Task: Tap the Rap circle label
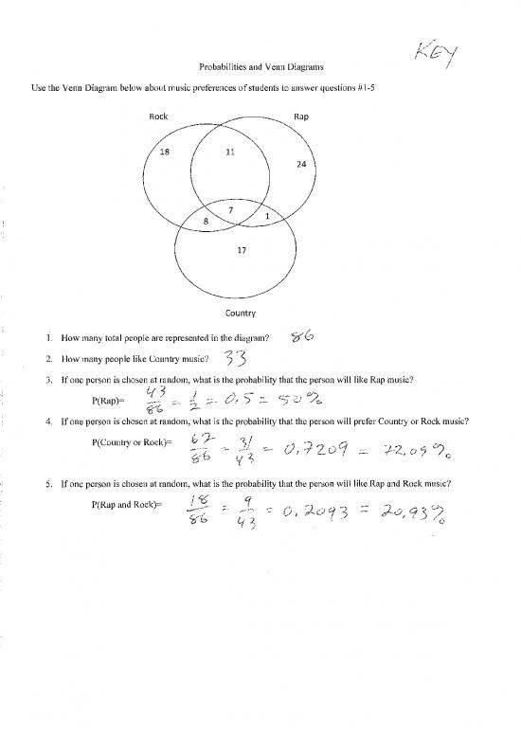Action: click(x=300, y=117)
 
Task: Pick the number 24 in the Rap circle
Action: click(x=300, y=163)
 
